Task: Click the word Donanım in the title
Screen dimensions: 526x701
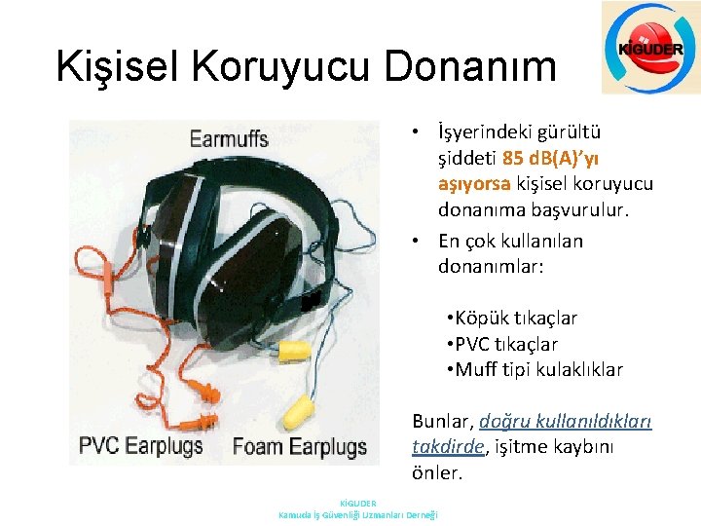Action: pos(470,66)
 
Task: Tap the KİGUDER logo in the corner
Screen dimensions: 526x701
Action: pos(649,48)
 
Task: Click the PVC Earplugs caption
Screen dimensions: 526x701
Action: pos(141,447)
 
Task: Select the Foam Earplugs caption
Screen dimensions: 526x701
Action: pos(300,447)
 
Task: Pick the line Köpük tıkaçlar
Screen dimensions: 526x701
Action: pos(512,319)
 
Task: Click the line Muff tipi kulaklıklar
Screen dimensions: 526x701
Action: pos(535,369)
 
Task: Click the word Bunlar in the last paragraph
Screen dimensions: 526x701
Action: pos(443,422)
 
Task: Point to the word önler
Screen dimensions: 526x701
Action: pos(436,472)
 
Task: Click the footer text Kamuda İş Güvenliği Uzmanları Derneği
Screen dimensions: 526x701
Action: pos(358,514)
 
